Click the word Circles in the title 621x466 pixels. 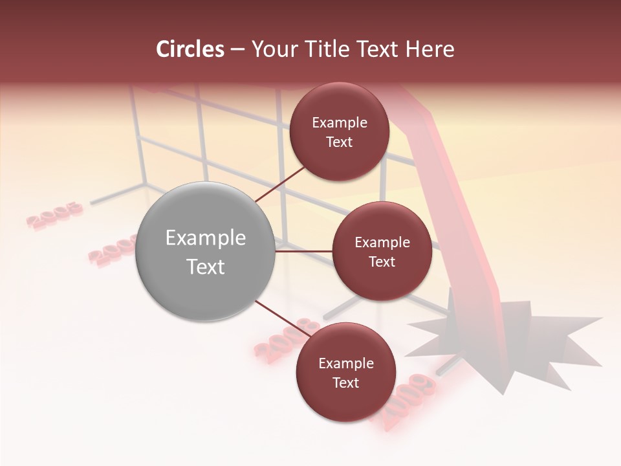tap(190, 49)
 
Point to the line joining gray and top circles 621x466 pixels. tap(281, 184)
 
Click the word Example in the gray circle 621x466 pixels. tap(206, 238)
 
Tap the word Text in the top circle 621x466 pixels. tap(339, 142)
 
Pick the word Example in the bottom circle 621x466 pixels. tap(345, 364)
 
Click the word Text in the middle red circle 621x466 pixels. tap(382, 262)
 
